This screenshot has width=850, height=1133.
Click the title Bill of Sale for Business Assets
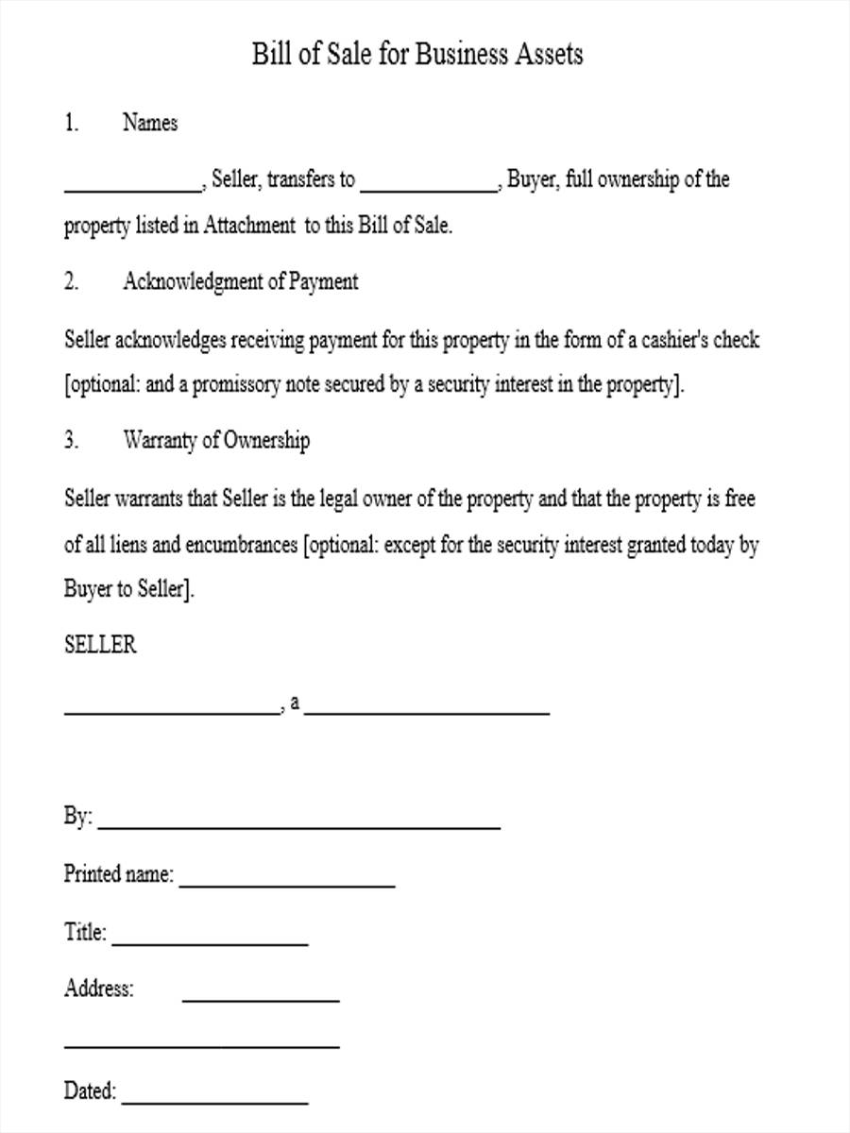click(416, 55)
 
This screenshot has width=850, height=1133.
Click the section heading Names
click(149, 123)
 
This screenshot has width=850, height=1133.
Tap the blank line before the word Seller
click(133, 190)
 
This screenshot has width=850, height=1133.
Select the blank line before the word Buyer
click(430, 190)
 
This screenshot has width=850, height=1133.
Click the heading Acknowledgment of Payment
click(240, 281)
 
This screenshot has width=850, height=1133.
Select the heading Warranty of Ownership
click(215, 440)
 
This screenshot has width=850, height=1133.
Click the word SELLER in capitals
click(100, 645)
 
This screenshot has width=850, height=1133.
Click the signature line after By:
click(298, 828)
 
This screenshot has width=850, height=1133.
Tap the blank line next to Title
click(209, 944)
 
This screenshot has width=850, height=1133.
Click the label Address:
click(99, 989)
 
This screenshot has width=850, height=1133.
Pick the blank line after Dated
click(214, 1102)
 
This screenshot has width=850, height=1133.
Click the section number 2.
click(71, 281)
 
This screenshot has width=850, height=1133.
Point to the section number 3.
click(71, 440)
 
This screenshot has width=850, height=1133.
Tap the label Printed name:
click(119, 873)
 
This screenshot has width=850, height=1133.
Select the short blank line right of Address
click(260, 999)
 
